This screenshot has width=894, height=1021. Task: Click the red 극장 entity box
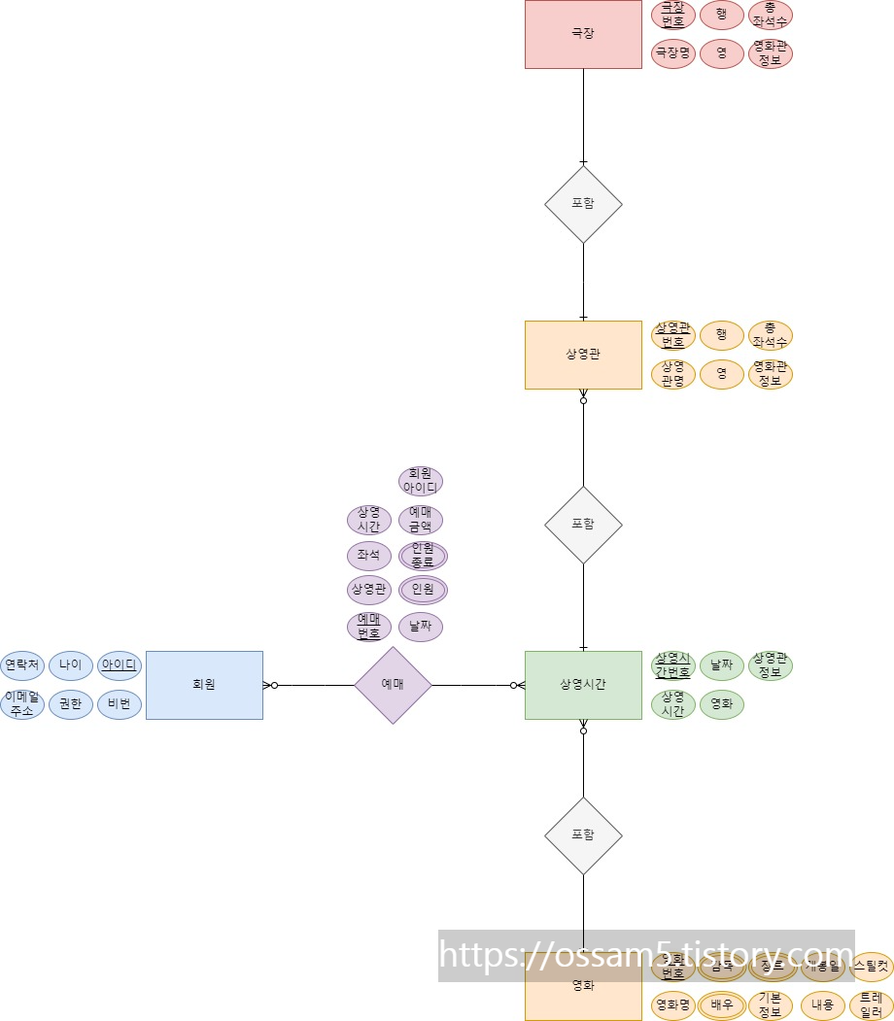(x=583, y=34)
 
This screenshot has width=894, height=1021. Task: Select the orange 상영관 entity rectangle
(x=583, y=355)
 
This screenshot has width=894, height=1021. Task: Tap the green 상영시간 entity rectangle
(x=583, y=685)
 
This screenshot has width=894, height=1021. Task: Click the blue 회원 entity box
(x=204, y=685)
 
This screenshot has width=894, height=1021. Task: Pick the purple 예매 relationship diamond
(x=393, y=685)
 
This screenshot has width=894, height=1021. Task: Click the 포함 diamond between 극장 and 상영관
(x=583, y=204)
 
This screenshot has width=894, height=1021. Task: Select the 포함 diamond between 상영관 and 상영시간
(x=583, y=525)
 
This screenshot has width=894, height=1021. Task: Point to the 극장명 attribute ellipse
(x=673, y=52)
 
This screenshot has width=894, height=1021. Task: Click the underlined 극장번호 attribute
(x=673, y=15)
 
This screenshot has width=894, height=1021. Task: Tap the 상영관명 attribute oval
(x=673, y=374)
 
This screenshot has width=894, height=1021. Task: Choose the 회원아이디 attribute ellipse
(x=421, y=481)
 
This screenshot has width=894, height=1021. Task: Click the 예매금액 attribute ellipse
(x=421, y=520)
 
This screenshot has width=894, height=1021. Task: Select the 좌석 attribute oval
(x=368, y=556)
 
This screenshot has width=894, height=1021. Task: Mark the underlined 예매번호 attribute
(x=368, y=627)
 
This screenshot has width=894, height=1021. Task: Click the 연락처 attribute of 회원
(x=22, y=665)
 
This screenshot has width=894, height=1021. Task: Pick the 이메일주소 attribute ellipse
(x=22, y=704)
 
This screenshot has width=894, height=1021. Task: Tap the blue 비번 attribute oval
(x=120, y=704)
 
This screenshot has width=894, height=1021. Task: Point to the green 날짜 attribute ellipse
(x=722, y=665)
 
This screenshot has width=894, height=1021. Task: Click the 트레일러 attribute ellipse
(x=871, y=1004)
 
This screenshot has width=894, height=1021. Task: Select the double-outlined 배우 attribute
(x=722, y=1004)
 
